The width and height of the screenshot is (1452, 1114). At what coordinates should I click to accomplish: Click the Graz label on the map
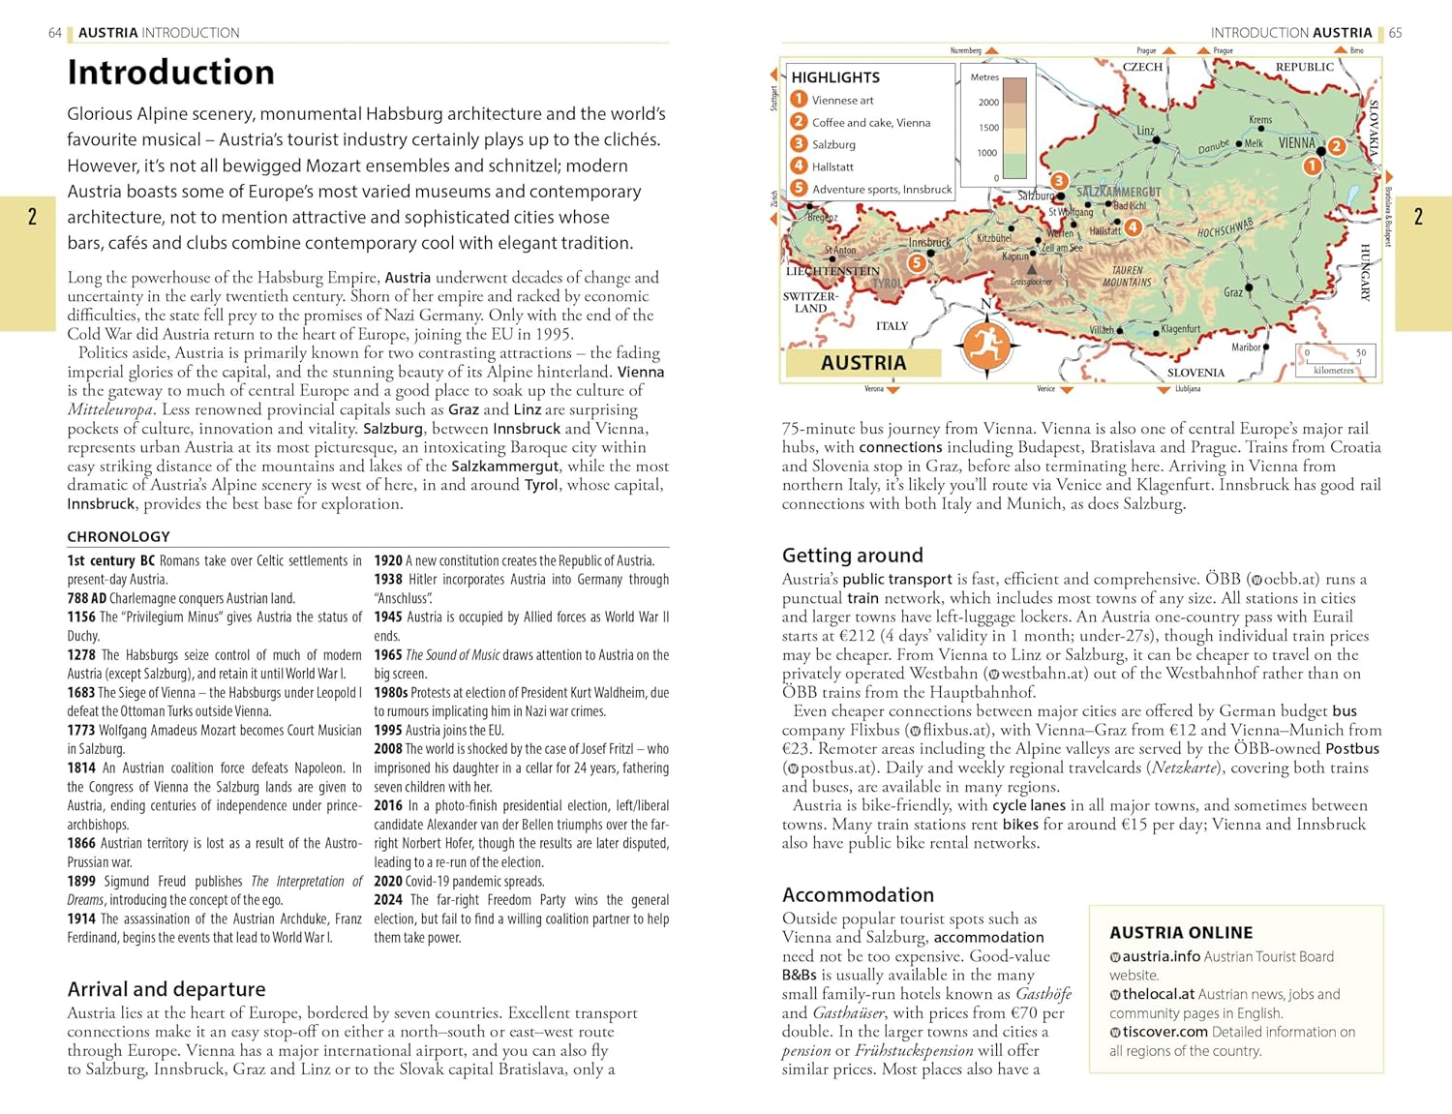1233,292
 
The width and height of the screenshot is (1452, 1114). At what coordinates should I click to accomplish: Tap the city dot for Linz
1157,140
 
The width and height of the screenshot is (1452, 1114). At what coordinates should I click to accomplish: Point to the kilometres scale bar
1334,360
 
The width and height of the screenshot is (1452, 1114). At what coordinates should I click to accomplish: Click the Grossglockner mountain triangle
1032,268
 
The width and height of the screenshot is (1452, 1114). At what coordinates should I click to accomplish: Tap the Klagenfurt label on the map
1181,329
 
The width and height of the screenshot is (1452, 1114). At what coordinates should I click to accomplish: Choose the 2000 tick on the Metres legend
988,102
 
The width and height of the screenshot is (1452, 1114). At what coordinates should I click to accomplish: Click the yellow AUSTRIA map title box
863,363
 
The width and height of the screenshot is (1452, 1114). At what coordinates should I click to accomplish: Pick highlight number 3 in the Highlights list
800,144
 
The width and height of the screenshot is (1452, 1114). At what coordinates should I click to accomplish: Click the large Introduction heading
171,73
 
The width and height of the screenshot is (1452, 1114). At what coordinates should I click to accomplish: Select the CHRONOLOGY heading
118,536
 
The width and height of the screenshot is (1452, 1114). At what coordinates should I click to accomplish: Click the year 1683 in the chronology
81,693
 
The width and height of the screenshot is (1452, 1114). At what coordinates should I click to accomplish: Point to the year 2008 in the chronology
388,749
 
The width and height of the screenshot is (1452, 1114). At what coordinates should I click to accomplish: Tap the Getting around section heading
852,556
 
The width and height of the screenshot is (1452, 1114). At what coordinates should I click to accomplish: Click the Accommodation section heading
858,895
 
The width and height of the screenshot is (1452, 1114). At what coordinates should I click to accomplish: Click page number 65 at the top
1395,33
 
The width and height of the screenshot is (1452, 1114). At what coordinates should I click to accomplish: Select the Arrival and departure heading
166,989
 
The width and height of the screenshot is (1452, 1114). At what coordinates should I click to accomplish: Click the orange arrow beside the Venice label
1067,390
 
